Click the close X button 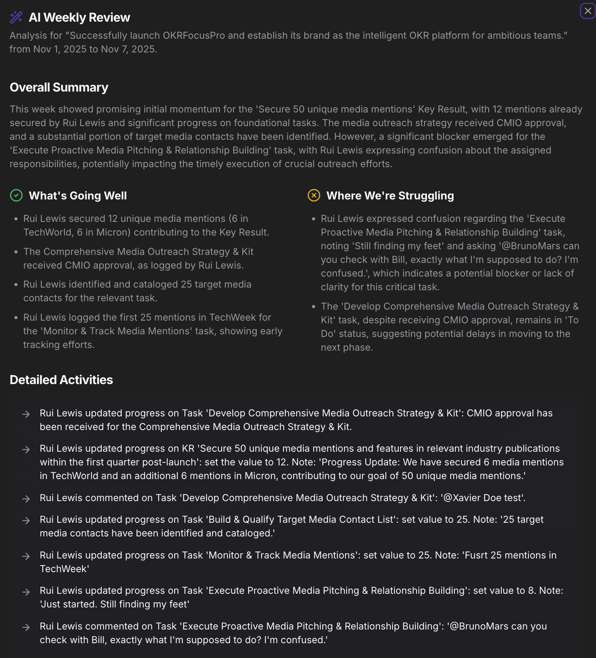(588, 11)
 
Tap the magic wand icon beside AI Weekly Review (16, 17)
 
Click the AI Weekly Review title (79, 17)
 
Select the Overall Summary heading (59, 87)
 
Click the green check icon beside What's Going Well (16, 196)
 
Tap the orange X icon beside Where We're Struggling (314, 196)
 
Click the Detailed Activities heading (61, 380)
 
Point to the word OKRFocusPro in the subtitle (194, 35)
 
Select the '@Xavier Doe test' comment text (483, 498)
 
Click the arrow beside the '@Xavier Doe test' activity (26, 498)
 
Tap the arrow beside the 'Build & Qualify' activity (26, 520)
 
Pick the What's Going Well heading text (78, 196)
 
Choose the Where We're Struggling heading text (390, 196)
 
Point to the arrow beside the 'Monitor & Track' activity (26, 556)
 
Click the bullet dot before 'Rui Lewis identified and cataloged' (16, 285)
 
